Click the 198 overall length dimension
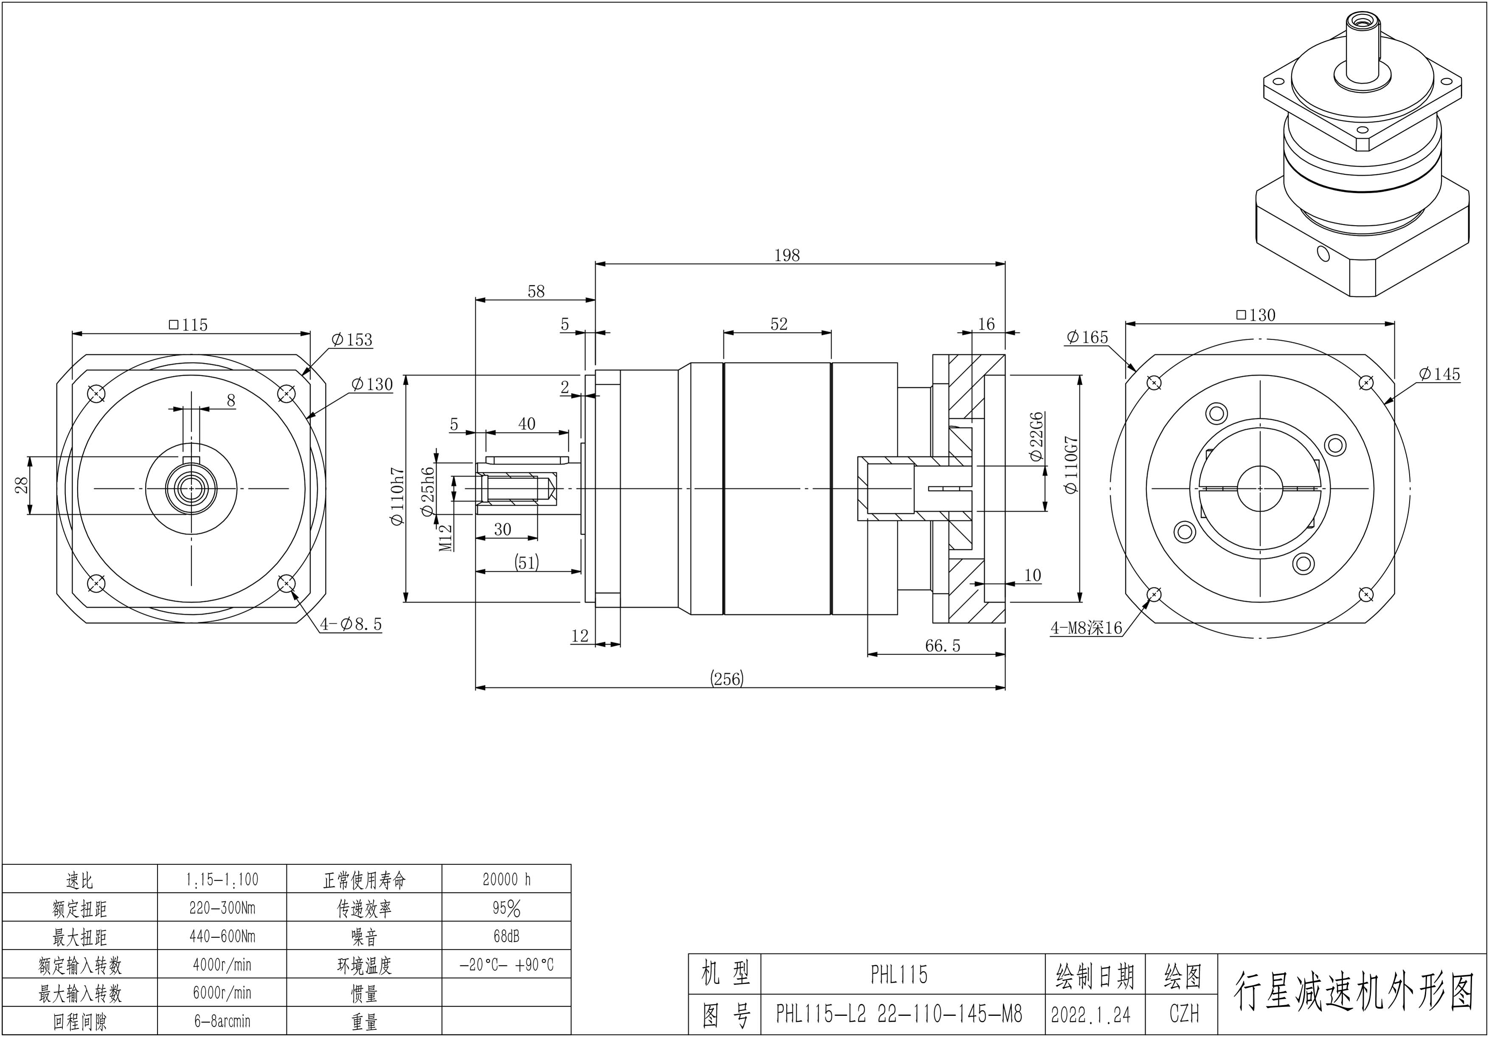coord(787,255)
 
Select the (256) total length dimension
coord(727,679)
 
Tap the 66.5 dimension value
coord(942,646)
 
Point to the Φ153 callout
coord(351,340)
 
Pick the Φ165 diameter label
coord(1087,337)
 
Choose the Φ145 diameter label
coord(1439,374)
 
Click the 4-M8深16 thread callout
coord(1086,627)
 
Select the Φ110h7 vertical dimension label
coord(397,497)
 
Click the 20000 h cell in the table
coord(506,880)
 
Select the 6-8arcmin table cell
coord(222,1021)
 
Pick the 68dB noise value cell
coord(506,936)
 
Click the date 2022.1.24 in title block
coord(1091,1015)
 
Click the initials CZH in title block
coord(1183,1015)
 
